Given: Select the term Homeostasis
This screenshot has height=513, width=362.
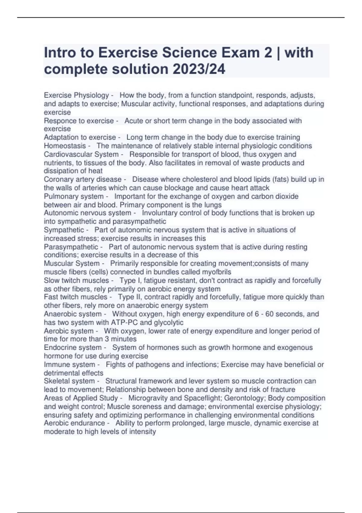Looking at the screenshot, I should coord(65,146).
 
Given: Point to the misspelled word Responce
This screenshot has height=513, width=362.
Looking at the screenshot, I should coord(59,121).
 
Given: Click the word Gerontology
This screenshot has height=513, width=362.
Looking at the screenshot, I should coord(244,398).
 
